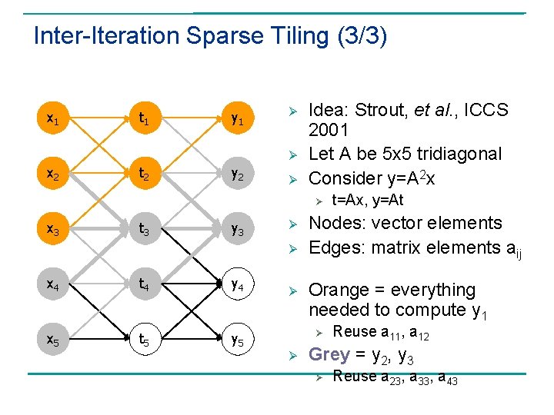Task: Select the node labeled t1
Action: point(144,119)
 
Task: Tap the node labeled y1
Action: point(239,119)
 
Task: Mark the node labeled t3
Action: point(144,228)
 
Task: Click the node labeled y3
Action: point(239,228)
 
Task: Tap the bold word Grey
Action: point(329,354)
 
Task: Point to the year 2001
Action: point(329,130)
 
